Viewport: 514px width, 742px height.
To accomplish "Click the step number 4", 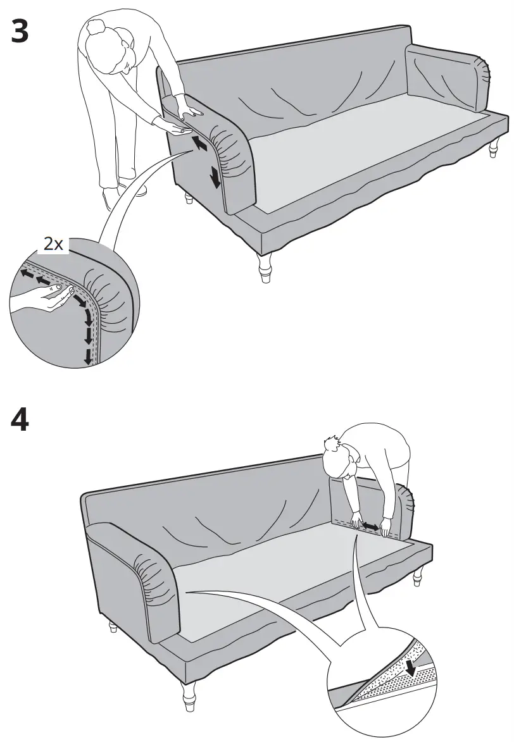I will click(x=20, y=421).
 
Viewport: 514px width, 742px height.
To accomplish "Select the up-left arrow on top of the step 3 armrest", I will click(x=199, y=143).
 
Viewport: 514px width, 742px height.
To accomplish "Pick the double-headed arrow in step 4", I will click(x=368, y=526).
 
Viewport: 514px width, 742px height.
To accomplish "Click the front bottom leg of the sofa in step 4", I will click(x=189, y=696).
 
